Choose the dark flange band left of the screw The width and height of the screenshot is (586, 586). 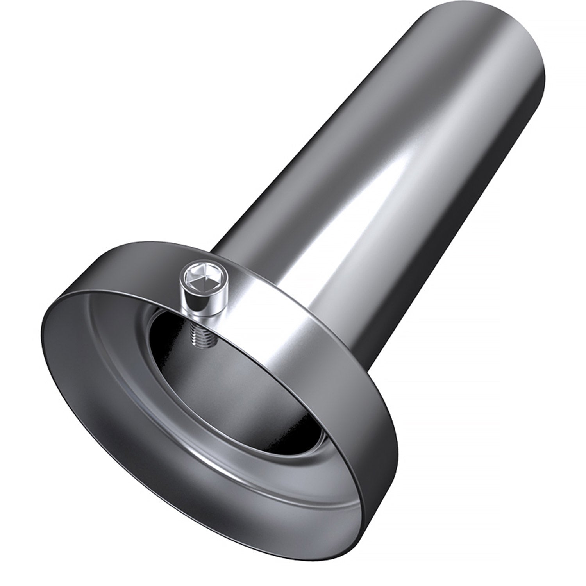coord(117,273)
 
